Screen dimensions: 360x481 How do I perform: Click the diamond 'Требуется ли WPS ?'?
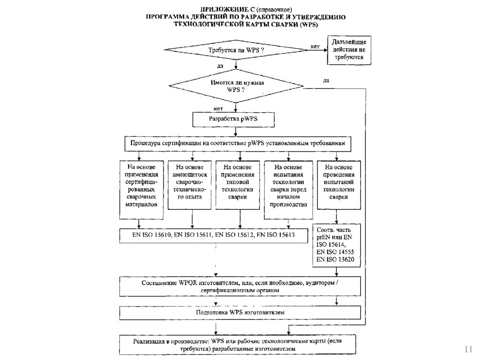coord(235,50)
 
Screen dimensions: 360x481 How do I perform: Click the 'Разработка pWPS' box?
coord(233,119)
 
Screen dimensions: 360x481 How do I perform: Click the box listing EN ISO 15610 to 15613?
coord(213,235)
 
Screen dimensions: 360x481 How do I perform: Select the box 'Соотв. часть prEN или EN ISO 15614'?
coord(336,245)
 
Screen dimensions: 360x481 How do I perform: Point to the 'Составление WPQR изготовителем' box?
coord(240,286)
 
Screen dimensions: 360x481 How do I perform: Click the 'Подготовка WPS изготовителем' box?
coord(240,312)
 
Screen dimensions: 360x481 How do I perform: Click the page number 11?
coord(468,349)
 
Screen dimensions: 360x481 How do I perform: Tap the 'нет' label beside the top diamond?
coord(315,46)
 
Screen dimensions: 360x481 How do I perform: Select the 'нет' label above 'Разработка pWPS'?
coord(218,108)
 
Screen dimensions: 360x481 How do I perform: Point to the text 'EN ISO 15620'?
coord(335,259)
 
